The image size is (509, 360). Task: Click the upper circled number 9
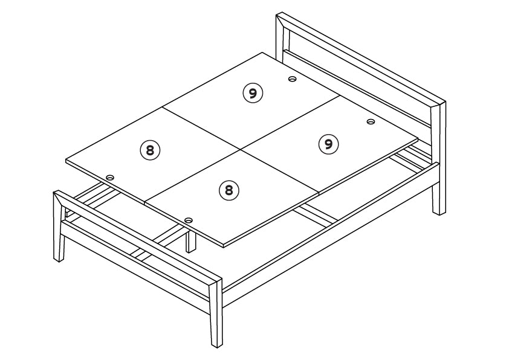(253, 94)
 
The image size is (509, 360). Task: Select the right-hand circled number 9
(328, 144)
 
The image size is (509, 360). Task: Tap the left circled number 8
(150, 150)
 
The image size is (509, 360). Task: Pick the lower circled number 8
(229, 190)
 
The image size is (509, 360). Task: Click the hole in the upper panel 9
(293, 79)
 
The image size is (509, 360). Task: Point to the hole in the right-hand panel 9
(371, 121)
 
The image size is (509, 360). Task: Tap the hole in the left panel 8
(111, 178)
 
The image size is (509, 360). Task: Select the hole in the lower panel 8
(188, 220)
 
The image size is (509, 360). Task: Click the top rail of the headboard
(361, 59)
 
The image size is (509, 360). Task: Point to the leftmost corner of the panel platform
(66, 161)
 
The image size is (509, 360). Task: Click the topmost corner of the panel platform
(262, 53)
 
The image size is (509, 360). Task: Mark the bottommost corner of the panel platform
(224, 245)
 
